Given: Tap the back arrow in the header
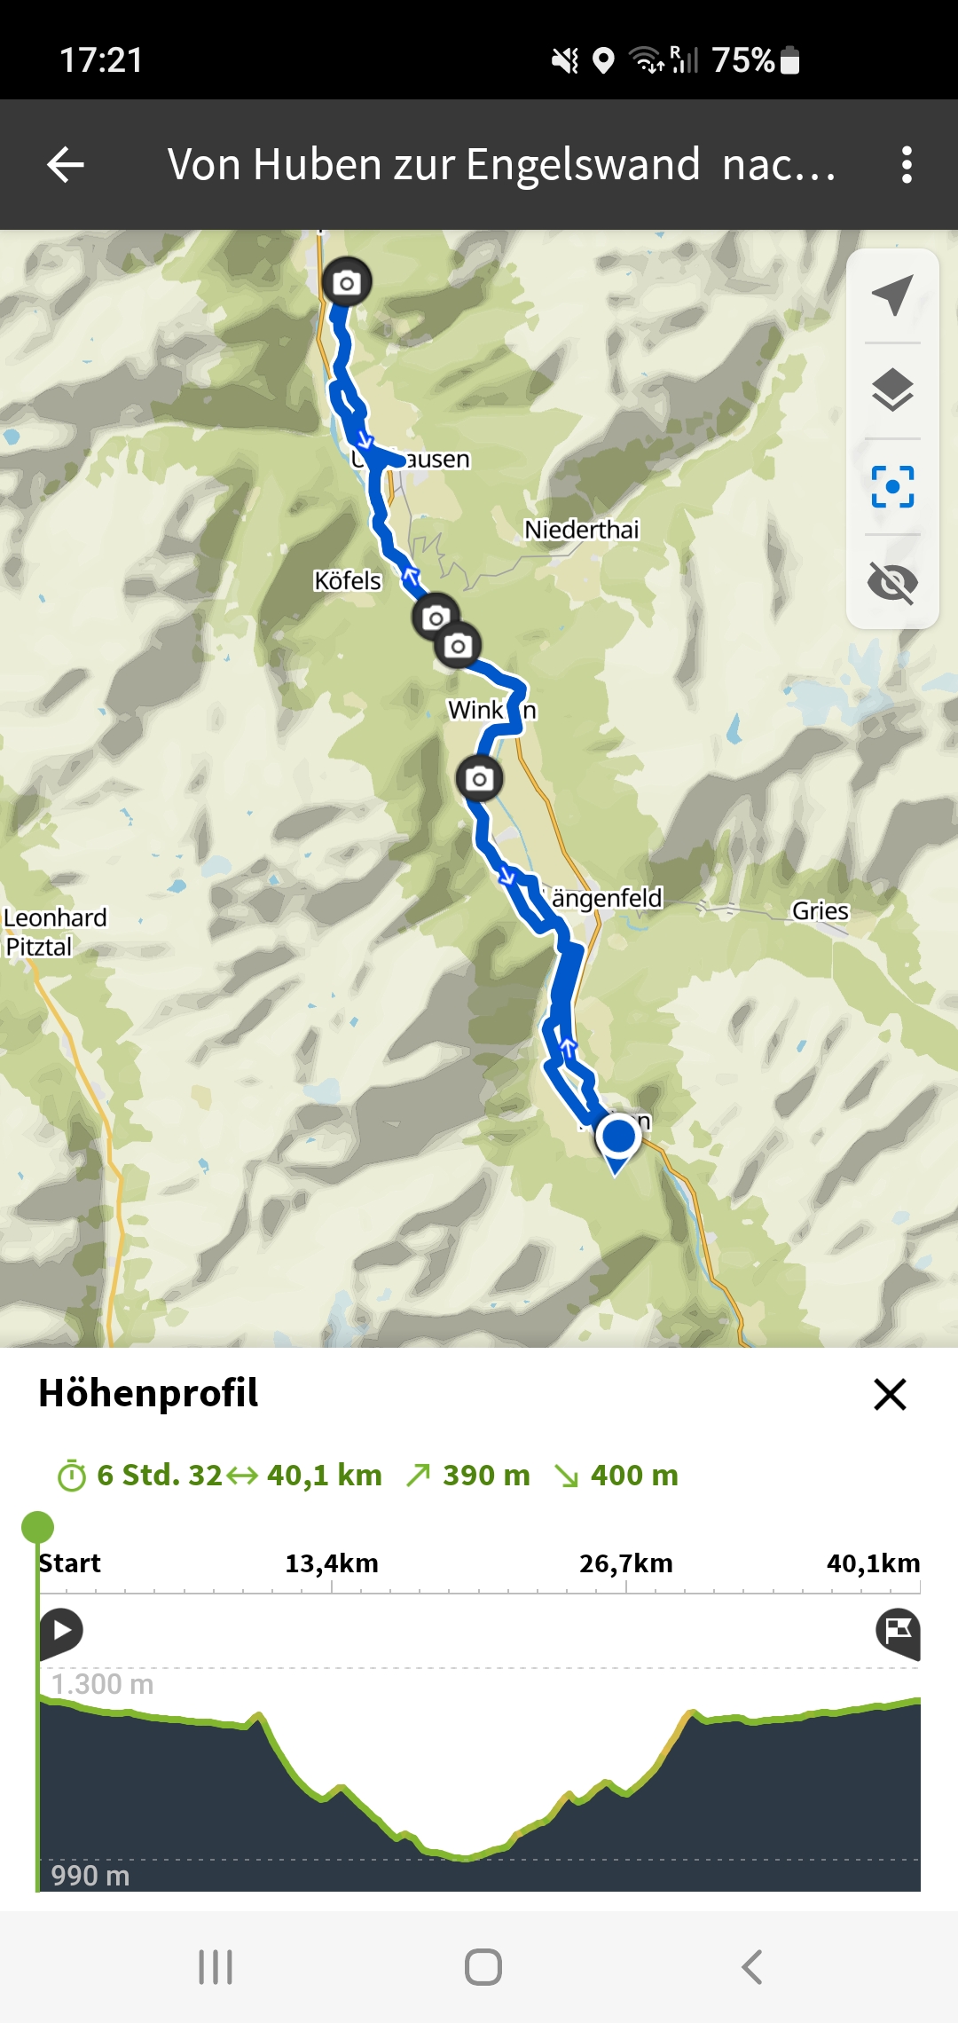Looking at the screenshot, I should click(66, 165).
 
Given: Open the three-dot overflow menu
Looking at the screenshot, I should click(906, 165).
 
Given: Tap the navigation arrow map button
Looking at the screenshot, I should click(892, 295).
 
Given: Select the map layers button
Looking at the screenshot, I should click(892, 390).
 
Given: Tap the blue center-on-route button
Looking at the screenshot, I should click(892, 486).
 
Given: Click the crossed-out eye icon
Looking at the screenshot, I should click(892, 582).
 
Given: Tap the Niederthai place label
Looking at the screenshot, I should click(581, 530).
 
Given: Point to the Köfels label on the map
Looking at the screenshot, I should click(348, 581).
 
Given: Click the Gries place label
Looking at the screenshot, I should click(820, 911).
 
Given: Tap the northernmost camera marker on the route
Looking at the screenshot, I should click(346, 282).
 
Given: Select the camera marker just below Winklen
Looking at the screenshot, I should click(479, 779).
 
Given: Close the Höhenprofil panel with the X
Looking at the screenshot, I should click(890, 1394).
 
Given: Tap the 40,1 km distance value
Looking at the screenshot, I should click(324, 1475).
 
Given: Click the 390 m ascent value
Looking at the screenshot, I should click(486, 1475).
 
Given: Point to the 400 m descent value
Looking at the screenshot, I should click(634, 1475).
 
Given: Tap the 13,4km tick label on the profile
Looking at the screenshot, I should click(332, 1563).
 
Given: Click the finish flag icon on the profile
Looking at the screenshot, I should click(898, 1632).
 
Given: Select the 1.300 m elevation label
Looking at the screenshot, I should click(102, 1684).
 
